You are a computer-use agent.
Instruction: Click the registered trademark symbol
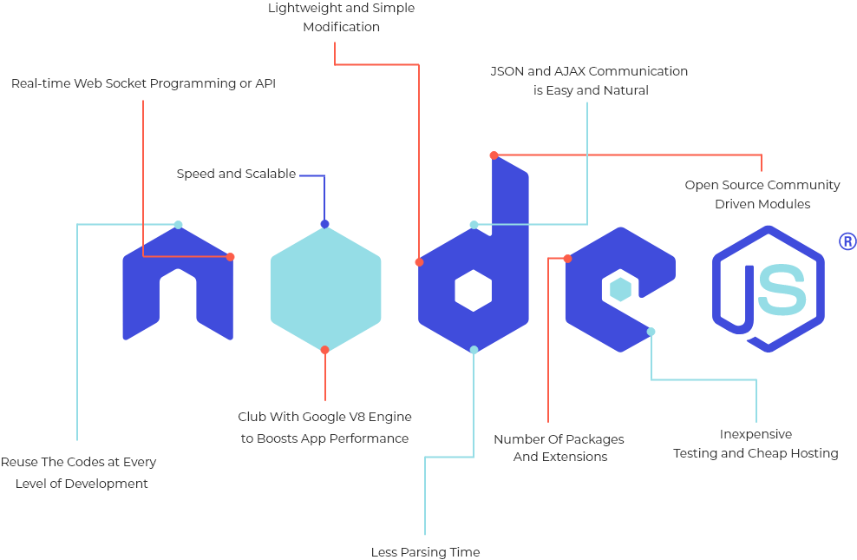[847, 241]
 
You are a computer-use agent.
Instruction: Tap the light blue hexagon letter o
[325, 287]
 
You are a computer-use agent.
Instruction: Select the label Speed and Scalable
[236, 174]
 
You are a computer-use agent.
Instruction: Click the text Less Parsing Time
[425, 552]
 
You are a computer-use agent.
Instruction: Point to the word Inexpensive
[756, 434]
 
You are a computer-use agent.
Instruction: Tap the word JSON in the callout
[507, 71]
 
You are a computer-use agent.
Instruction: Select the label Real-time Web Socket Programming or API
[143, 84]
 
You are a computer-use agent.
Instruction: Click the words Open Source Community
[762, 185]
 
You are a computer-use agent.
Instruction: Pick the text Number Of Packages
[559, 439]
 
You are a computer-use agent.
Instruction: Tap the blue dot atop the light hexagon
[324, 224]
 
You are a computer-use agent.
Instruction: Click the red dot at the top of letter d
[494, 155]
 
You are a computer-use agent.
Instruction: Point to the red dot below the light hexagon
[324, 350]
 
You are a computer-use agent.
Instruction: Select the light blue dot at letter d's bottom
[474, 350]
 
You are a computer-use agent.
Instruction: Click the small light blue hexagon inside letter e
[620, 289]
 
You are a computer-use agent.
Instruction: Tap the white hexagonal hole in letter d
[474, 290]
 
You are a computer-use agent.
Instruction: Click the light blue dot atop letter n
[178, 225]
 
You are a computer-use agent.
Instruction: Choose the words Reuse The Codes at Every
[79, 462]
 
